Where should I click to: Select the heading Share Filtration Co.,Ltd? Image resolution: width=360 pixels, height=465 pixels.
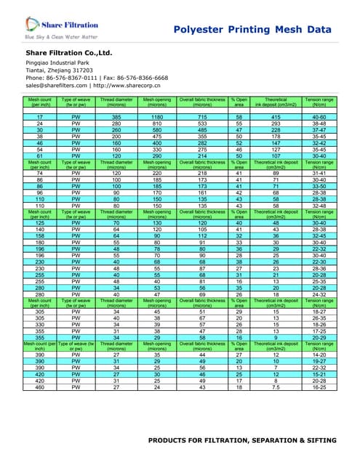[x=69, y=54]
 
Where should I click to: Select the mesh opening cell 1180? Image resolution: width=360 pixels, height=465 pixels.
[x=157, y=117]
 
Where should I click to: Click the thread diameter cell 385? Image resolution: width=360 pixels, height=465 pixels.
[x=116, y=117]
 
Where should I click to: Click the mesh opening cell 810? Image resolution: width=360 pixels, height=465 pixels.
[x=157, y=123]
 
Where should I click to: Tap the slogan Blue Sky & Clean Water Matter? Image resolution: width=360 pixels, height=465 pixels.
[x=61, y=36]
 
